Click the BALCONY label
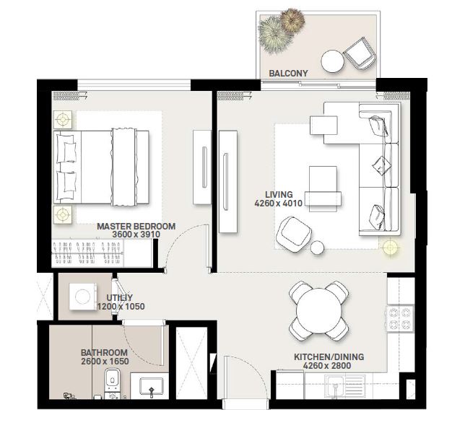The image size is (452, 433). tap(288, 73)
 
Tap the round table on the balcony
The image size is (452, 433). tap(332, 61)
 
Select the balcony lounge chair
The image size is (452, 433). tap(358, 53)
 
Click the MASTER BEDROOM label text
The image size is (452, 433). tap(136, 226)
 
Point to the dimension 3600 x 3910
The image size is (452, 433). tap(136, 235)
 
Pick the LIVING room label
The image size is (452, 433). tap(278, 195)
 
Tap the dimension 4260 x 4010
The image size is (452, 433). tap(278, 204)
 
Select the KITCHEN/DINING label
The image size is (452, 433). tap(329, 357)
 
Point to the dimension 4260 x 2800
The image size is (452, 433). tap(329, 367)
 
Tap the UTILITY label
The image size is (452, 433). tap(121, 297)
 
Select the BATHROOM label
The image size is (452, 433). tap(104, 353)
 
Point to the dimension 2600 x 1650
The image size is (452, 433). tap(104, 362)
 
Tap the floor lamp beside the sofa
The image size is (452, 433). tap(390, 248)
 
